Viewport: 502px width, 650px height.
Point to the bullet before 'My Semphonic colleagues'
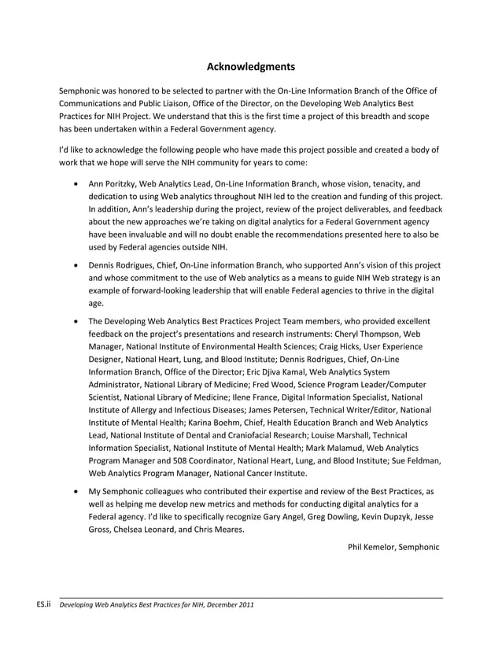tap(75, 490)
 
